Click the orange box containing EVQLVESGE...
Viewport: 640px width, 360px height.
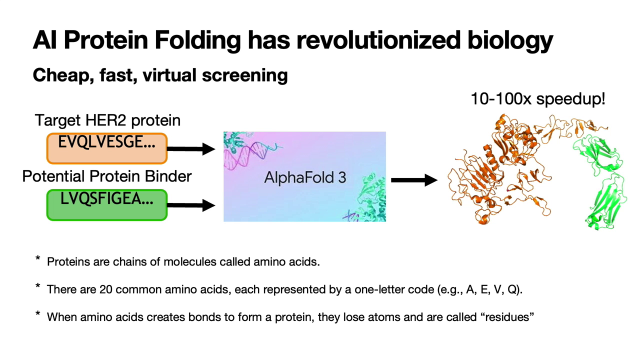coord(107,148)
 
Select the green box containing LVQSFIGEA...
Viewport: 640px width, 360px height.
coord(107,205)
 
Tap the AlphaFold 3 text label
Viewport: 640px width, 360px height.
coord(305,177)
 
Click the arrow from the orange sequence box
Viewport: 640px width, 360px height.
coord(191,148)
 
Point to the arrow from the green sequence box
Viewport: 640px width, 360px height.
coord(191,205)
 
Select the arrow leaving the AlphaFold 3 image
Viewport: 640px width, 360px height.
coord(414,180)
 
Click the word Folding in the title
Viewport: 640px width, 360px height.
coord(198,40)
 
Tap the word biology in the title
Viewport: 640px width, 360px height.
coord(510,40)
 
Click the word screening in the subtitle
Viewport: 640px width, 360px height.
coord(245,75)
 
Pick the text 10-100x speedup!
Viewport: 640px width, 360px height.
coord(537,99)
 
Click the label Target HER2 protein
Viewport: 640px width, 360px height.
coord(107,120)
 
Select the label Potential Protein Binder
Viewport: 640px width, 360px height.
coord(107,176)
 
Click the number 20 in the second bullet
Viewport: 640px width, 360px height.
coord(105,289)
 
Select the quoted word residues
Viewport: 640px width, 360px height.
coord(505,317)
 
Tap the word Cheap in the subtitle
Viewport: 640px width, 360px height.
coord(63,75)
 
